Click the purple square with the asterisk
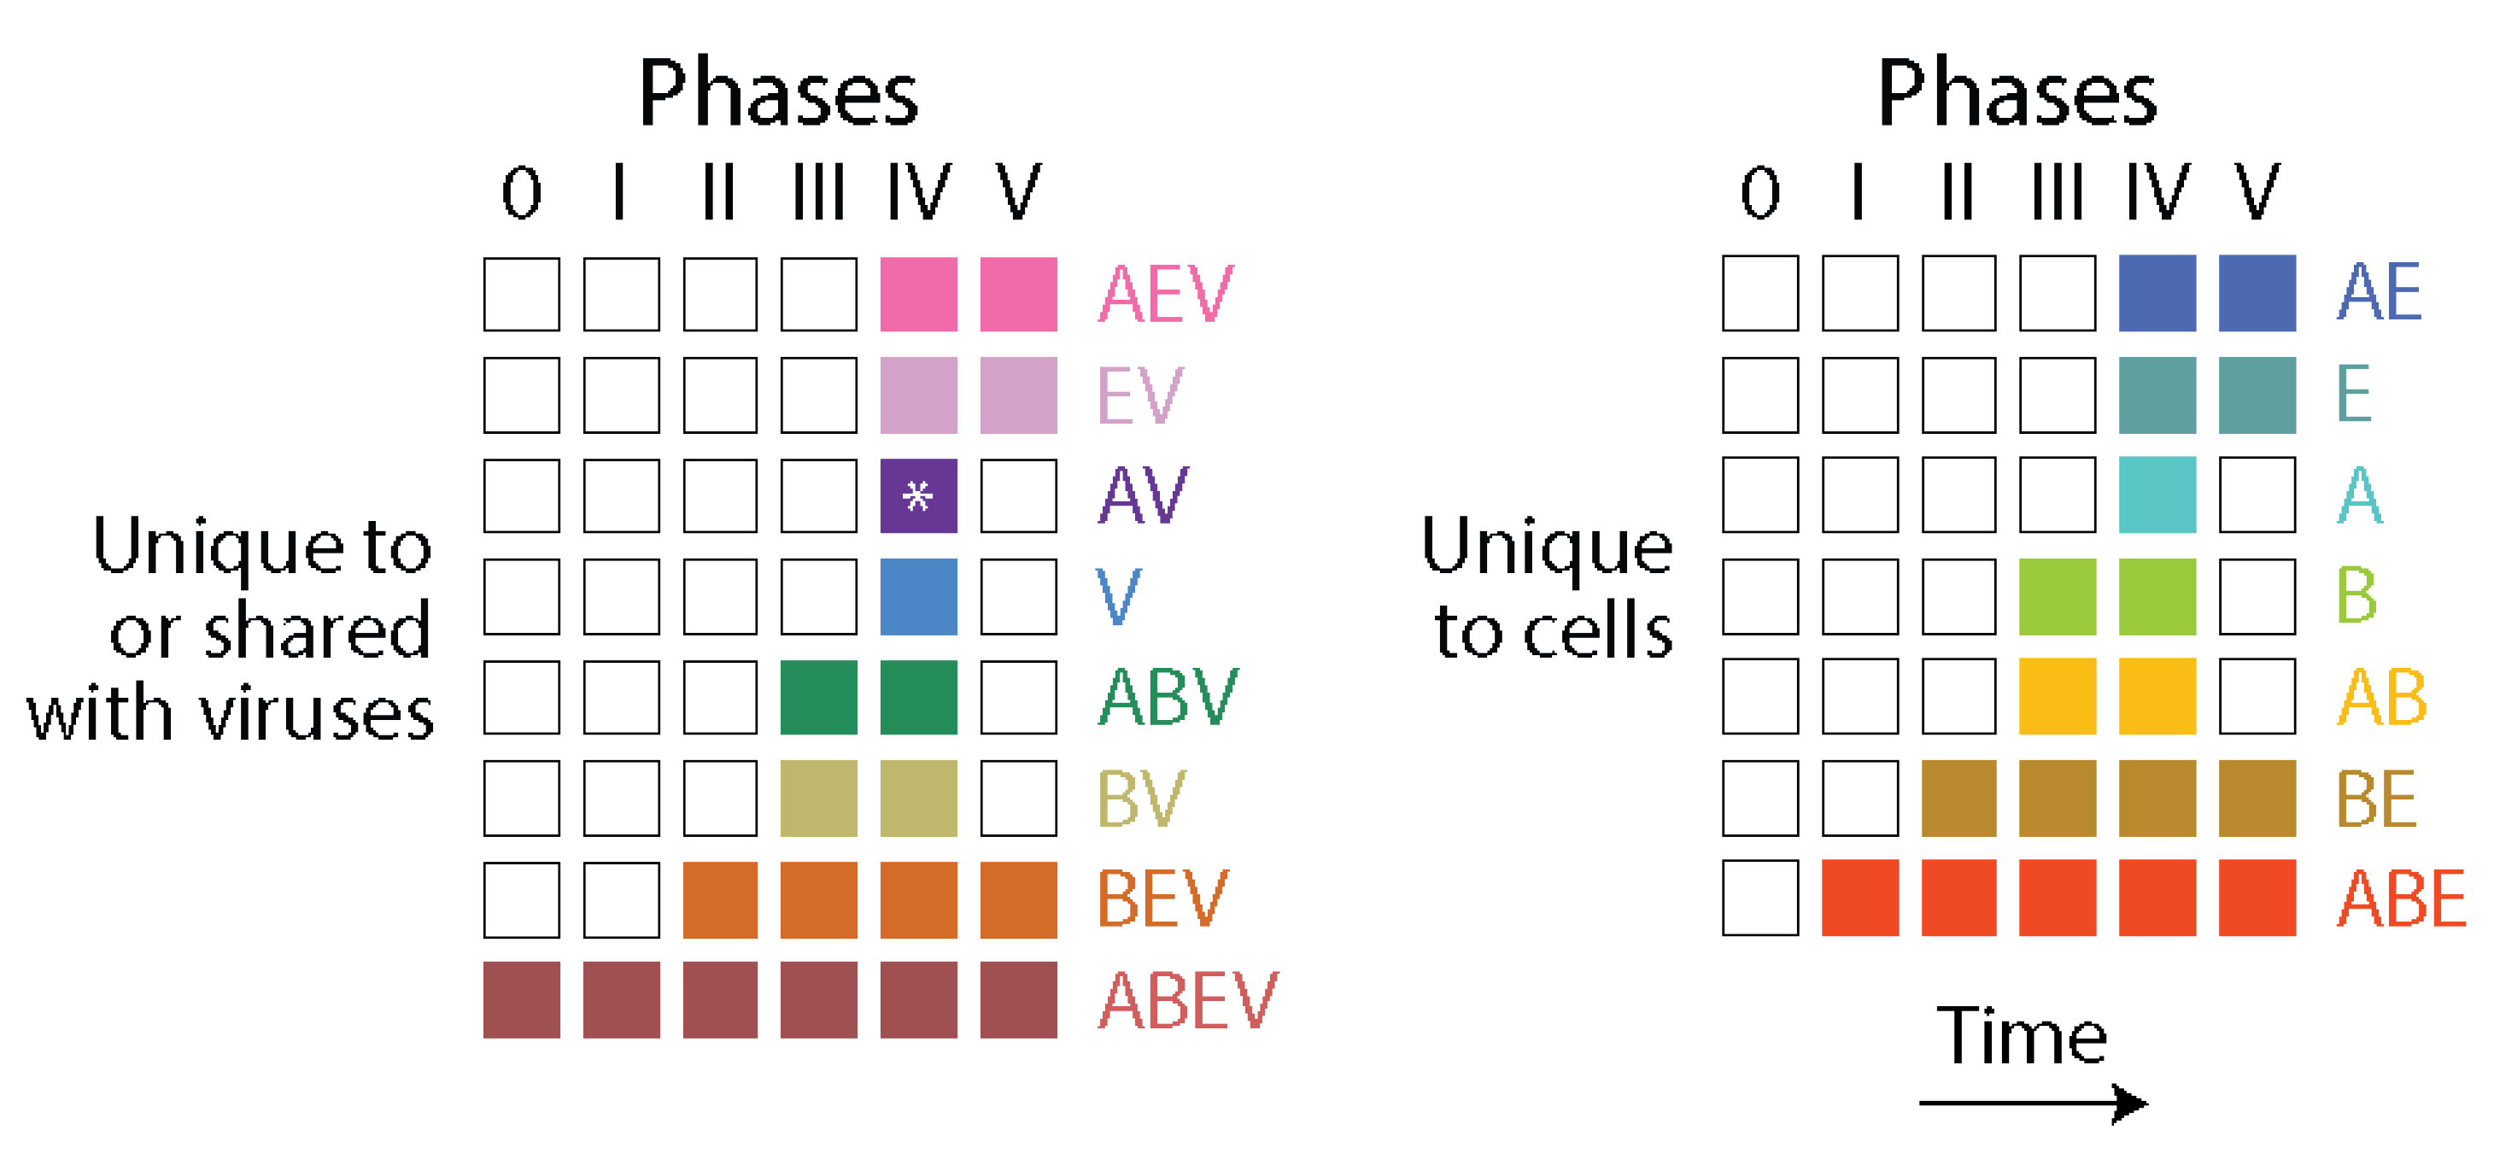pos(918,495)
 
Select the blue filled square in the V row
pos(918,596)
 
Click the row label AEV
pos(1165,294)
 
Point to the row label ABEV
pos(1187,1000)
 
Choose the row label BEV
pos(1162,899)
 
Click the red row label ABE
pos(2400,898)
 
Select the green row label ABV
pos(1167,696)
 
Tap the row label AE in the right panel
pos(2378,291)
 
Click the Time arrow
pos(2032,1102)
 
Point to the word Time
pos(2021,1036)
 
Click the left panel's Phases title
pos(777,94)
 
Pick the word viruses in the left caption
pos(317,714)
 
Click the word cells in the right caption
pos(1597,631)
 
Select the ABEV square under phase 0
pos(521,999)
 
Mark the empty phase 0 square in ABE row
pos(1759,898)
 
